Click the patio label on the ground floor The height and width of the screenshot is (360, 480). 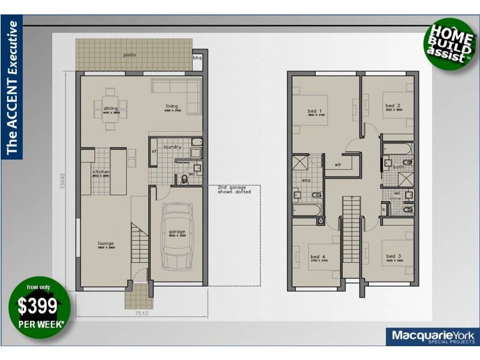pyautogui.click(x=129, y=55)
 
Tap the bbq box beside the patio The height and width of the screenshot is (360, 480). pyautogui.click(x=197, y=58)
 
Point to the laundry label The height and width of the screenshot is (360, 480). pyautogui.click(x=172, y=147)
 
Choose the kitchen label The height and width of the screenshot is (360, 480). pyautogui.click(x=100, y=172)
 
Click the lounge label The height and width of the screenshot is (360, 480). pyautogui.click(x=106, y=243)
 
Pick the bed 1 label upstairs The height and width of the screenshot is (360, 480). pyautogui.click(x=316, y=111)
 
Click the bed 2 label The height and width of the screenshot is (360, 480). pyautogui.click(x=392, y=106)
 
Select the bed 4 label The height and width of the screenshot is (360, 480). pyautogui.click(x=301, y=256)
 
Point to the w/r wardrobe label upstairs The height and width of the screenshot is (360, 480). pyautogui.click(x=338, y=162)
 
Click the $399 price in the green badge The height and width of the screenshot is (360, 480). pyautogui.click(x=40, y=307)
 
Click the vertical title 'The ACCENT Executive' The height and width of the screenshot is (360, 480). pyautogui.click(x=12, y=87)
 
